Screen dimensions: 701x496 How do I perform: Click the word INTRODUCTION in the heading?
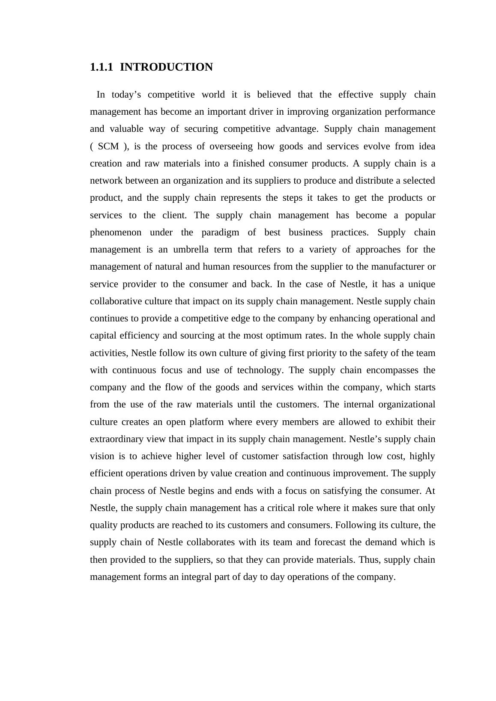coord(166,67)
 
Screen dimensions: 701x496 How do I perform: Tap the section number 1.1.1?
coord(102,67)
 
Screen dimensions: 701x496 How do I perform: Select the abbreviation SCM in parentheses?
coord(108,146)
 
